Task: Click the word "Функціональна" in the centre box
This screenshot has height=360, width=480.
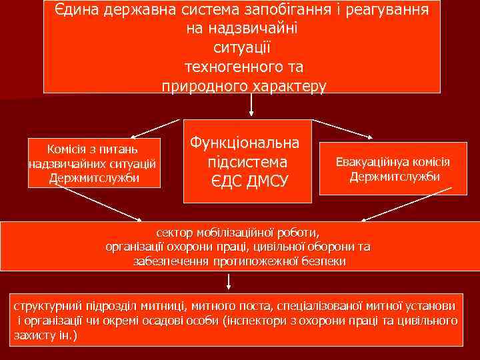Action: click(x=245, y=143)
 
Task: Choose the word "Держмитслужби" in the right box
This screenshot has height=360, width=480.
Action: click(x=394, y=176)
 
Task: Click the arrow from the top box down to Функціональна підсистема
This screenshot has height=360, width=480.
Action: click(x=251, y=105)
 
